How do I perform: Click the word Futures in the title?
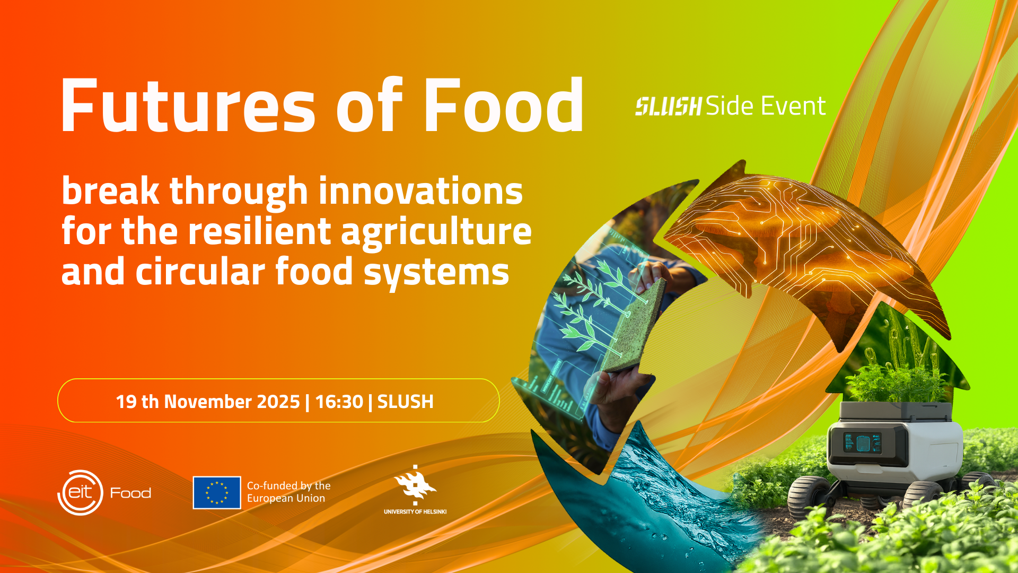click(x=189, y=105)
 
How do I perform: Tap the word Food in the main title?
click(x=504, y=105)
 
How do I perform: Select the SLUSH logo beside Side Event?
click(x=669, y=106)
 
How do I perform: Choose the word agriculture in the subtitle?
click(x=436, y=233)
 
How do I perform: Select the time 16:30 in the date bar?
click(x=339, y=402)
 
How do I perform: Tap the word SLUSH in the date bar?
click(x=406, y=402)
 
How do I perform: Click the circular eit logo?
click(x=80, y=492)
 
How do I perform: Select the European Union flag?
click(x=217, y=492)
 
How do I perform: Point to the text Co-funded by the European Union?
click(x=288, y=492)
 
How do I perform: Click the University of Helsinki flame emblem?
click(x=415, y=485)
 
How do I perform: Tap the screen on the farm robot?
click(x=862, y=442)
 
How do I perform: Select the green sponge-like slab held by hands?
click(x=632, y=325)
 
